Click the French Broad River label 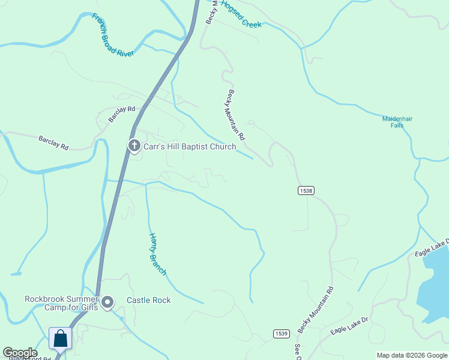(x=113, y=35)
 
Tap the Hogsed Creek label (x=241, y=14)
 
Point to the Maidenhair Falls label (x=397, y=122)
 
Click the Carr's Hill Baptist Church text (x=189, y=146)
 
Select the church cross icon (x=134, y=146)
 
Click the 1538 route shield (x=306, y=190)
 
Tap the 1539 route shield (x=281, y=334)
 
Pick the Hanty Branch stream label (x=157, y=254)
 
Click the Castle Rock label (x=148, y=300)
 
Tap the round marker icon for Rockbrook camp (x=107, y=302)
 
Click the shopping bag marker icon (x=61, y=338)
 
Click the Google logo (x=20, y=353)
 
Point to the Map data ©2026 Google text (x=412, y=355)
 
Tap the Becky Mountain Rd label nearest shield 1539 (x=316, y=309)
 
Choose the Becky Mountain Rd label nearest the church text (x=236, y=115)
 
